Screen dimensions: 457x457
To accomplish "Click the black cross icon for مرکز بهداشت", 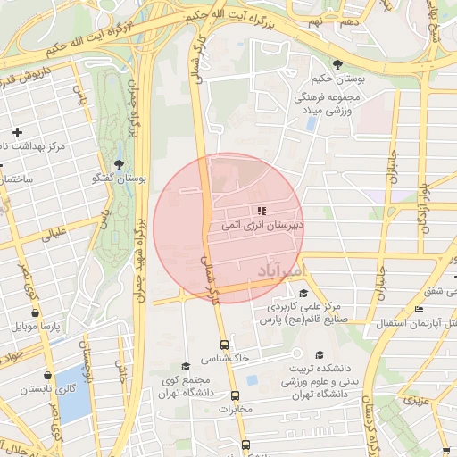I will pyautogui.click(x=16, y=132).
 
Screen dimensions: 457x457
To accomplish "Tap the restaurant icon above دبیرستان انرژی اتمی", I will pyautogui.click(x=262, y=211).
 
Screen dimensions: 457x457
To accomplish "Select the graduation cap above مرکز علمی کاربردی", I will pyautogui.click(x=303, y=293).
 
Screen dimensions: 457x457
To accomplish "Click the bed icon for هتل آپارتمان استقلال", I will pyautogui.click(x=420, y=309).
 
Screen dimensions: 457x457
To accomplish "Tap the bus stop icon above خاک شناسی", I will pyautogui.click(x=224, y=344).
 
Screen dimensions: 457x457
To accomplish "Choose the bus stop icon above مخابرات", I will pyautogui.click(x=235, y=395).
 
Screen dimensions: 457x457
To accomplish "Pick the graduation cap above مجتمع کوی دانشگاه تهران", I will pyautogui.click(x=185, y=366).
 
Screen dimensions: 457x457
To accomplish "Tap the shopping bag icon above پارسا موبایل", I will pyautogui.click(x=35, y=313).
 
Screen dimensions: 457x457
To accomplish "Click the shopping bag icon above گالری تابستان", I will pyautogui.click(x=46, y=376).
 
